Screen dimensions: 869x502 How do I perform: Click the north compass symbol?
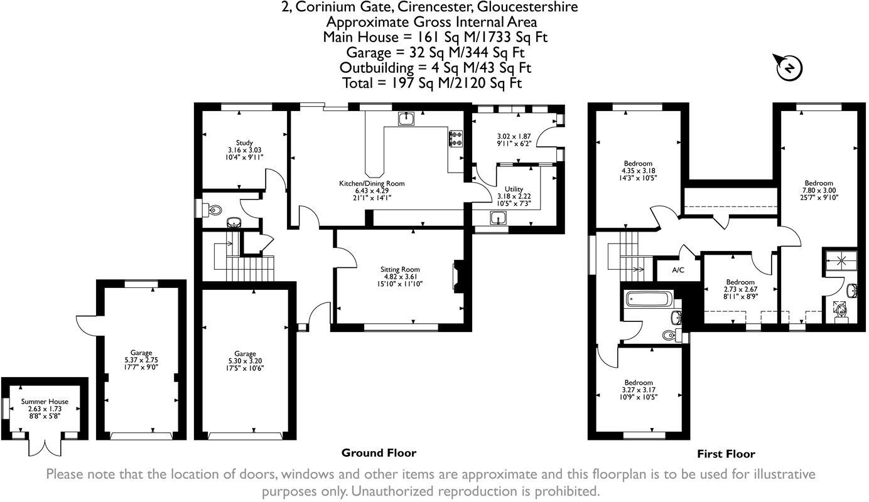coord(789,68)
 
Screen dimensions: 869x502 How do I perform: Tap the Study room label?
coord(244,142)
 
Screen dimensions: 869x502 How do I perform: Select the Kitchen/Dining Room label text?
coord(372,183)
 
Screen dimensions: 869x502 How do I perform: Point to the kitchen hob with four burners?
coord(456,139)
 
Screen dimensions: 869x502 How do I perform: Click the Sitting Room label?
coord(400,269)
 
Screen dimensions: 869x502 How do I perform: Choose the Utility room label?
coord(514,189)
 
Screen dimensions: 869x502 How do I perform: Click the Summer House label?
coord(45,402)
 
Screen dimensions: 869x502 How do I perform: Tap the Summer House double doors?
coord(45,448)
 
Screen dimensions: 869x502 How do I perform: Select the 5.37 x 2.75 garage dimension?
coord(141,360)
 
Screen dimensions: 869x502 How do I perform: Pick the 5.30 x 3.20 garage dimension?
coord(245,361)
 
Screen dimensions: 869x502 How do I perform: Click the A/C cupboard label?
coord(678,270)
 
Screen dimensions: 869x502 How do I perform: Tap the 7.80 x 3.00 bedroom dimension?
coord(819,190)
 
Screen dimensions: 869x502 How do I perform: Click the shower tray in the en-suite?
coord(841,260)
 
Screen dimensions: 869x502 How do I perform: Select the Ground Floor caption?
coord(379,453)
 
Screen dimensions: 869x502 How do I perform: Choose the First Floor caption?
coord(726,454)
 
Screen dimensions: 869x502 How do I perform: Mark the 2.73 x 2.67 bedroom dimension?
coord(740,289)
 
